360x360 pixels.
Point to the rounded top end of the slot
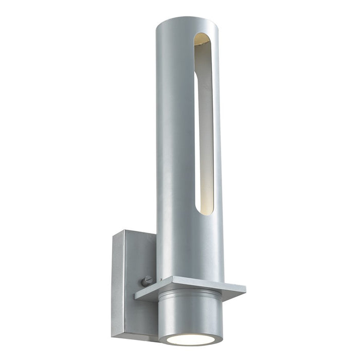(x=202, y=38)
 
